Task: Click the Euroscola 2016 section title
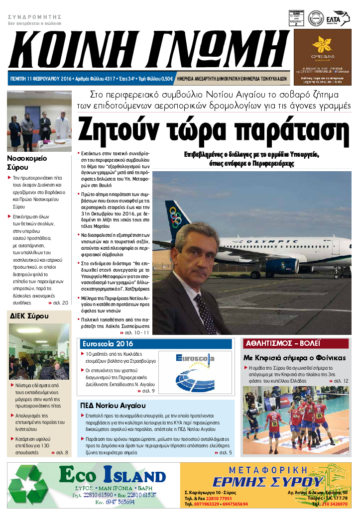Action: tap(106, 344)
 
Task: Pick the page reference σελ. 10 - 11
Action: tap(135, 332)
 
